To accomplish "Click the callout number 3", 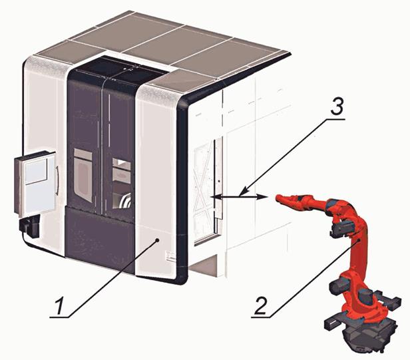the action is [x=337, y=106].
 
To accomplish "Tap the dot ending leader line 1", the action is [x=157, y=240].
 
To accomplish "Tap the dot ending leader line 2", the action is [x=360, y=240].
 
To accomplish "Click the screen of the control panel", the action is [x=35, y=171].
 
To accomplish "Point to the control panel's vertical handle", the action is [x=57, y=180].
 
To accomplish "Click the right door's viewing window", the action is [x=122, y=183].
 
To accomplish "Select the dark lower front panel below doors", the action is [x=100, y=239].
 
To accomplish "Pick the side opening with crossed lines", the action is [x=206, y=190].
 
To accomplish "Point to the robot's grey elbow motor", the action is [x=343, y=228].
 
